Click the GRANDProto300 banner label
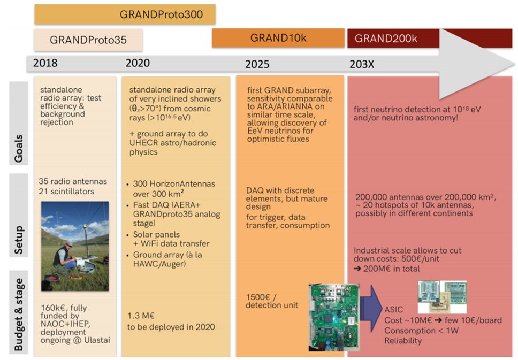[161, 14]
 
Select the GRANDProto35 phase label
[88, 40]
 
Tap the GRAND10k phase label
[278, 38]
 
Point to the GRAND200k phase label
[386, 39]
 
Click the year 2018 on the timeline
[45, 63]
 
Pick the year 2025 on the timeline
[257, 64]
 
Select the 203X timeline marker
[362, 64]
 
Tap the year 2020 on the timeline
[138, 63]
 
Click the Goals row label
[19, 149]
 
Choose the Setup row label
[19, 240]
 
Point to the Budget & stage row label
[19, 315]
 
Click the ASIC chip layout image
[442, 297]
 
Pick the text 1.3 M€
[141, 316]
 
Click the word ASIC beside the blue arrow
[394, 310]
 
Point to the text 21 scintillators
[66, 191]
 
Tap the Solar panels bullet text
[156, 234]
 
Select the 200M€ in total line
[387, 269]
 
